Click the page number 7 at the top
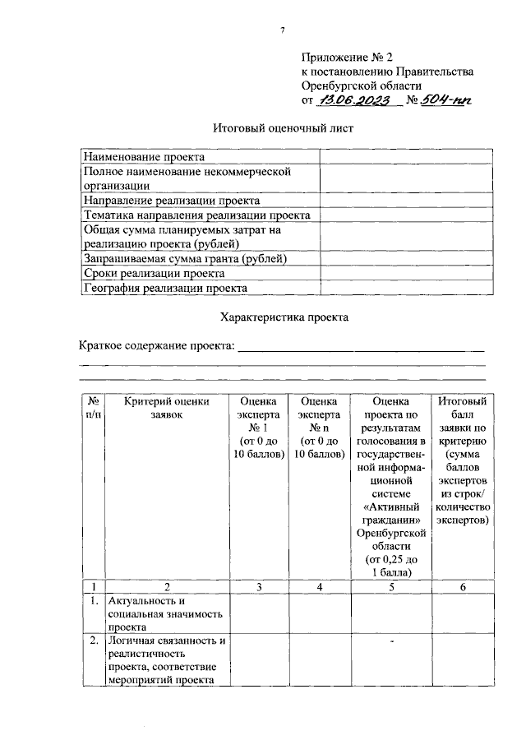click(x=282, y=30)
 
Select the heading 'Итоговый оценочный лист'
click(x=284, y=129)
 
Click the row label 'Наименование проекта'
click(x=144, y=156)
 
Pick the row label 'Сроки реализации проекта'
click(x=154, y=273)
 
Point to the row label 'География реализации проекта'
click(x=165, y=288)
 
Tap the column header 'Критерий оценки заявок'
click(x=168, y=408)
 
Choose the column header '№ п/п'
click(x=94, y=408)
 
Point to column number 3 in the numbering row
click(x=258, y=587)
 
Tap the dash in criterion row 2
click(x=393, y=641)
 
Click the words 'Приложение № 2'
click(x=348, y=57)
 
